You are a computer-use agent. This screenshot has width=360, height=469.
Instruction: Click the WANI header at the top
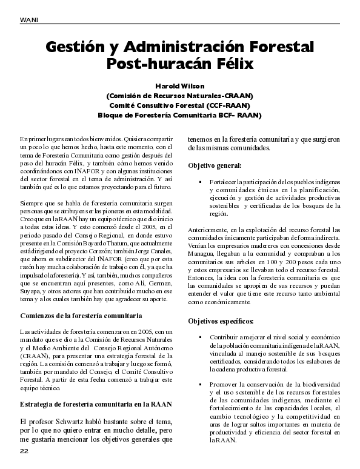(30, 19)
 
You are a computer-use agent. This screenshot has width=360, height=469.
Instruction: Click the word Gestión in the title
(82, 47)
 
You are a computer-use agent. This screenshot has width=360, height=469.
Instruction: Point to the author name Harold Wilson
(179, 85)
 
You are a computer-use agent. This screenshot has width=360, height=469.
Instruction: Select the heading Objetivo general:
(215, 165)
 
